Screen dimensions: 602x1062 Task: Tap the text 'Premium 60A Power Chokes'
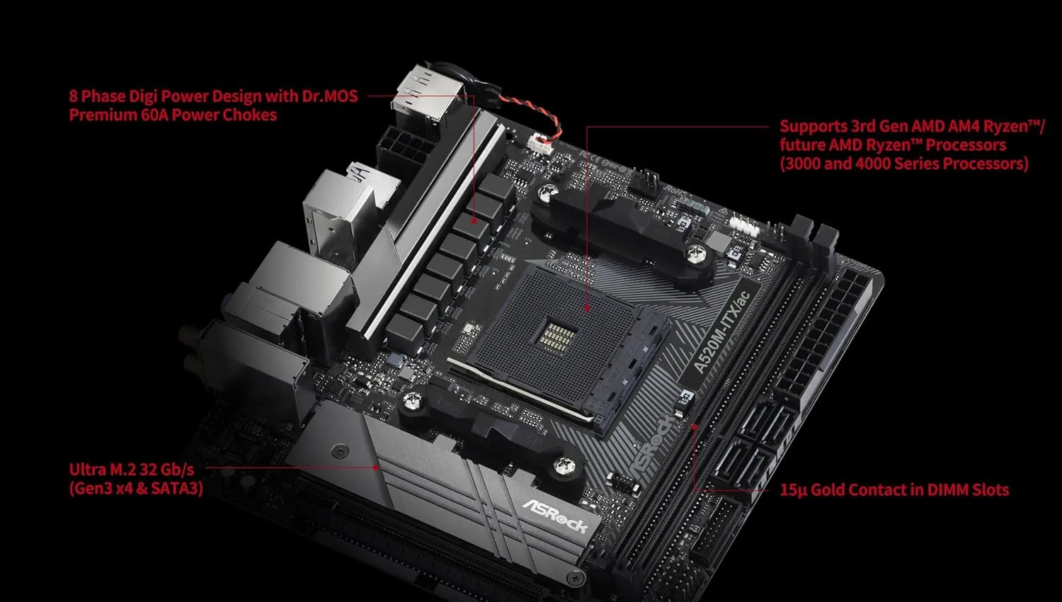173,115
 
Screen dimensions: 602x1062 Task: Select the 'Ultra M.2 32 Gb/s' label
131,470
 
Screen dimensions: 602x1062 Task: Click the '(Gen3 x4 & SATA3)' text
136,488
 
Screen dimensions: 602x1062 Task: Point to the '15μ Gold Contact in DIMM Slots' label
893,489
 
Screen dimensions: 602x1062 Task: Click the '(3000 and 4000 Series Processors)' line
903,164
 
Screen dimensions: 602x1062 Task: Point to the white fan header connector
539,142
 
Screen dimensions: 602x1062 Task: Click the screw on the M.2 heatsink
341,450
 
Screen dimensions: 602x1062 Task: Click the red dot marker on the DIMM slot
695,426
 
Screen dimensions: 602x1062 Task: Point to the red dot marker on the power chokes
475,222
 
